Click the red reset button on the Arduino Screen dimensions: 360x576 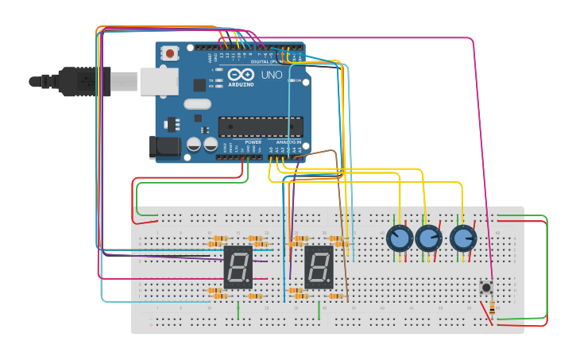(x=169, y=53)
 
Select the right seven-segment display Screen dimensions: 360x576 (x=318, y=266)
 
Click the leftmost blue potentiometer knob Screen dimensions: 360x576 (x=400, y=238)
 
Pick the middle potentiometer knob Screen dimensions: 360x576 (x=429, y=238)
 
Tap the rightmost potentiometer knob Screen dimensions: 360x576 (x=462, y=238)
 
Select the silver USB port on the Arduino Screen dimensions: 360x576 (x=159, y=81)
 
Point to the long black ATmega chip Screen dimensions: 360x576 (x=261, y=126)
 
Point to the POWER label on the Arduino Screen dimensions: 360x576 (x=253, y=142)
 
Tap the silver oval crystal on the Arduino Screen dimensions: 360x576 (x=197, y=103)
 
